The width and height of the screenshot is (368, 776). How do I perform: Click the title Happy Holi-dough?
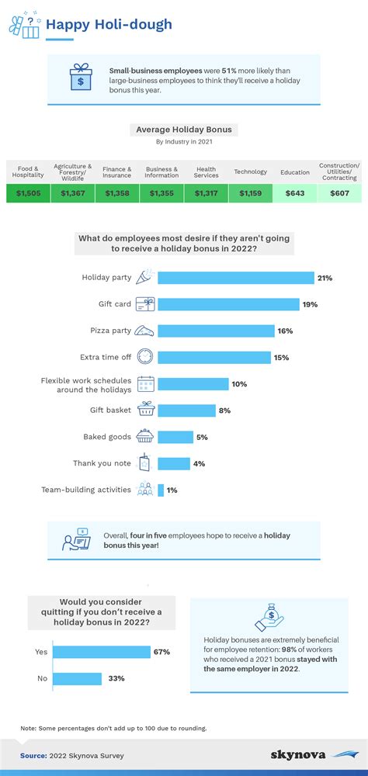pyautogui.click(x=109, y=26)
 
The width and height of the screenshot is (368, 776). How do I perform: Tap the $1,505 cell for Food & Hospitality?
pyautogui.click(x=28, y=193)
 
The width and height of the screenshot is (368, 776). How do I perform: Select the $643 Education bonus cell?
pyautogui.click(x=295, y=193)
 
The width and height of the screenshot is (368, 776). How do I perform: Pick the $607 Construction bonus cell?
pyautogui.click(x=339, y=193)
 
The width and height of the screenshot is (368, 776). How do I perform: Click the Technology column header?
pyautogui.click(x=250, y=171)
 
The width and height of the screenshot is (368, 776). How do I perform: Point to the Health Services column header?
pyautogui.click(x=206, y=171)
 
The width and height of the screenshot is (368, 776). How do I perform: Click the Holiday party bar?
pyautogui.click(x=235, y=277)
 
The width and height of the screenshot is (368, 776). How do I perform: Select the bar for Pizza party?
pyautogui.click(x=216, y=331)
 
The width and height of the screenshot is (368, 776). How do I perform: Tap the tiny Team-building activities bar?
pyautogui.click(x=161, y=490)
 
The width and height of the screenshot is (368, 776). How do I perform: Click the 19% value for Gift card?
pyautogui.click(x=311, y=304)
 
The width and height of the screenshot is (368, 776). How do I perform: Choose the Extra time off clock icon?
pyautogui.click(x=145, y=357)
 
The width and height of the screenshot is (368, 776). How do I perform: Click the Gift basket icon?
pyautogui.click(x=145, y=410)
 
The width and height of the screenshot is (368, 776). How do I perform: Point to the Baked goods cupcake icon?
pyautogui.click(x=145, y=437)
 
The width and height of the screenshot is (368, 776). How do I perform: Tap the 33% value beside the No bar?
pyautogui.click(x=116, y=679)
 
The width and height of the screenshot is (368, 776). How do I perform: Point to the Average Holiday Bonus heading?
pyautogui.click(x=183, y=130)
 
